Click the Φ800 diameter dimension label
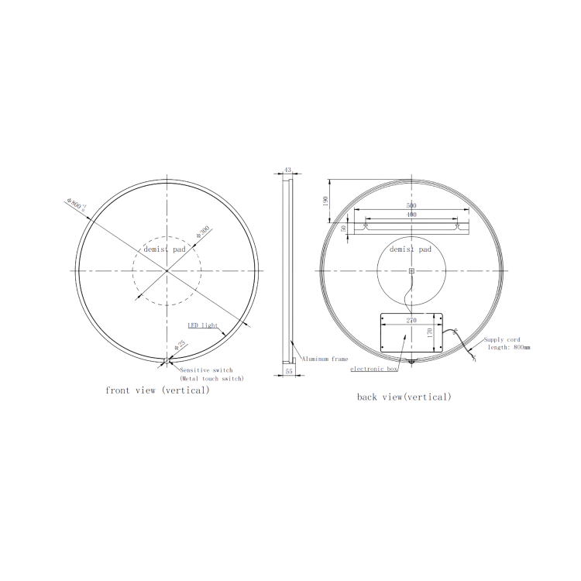click(77, 205)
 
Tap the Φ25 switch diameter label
click(180, 347)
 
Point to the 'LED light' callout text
click(202, 326)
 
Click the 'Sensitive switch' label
click(206, 370)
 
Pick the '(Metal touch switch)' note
click(211, 379)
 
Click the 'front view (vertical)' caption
click(157, 390)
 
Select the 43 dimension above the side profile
click(287, 170)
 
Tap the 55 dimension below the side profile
click(289, 373)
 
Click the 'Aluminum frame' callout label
click(325, 359)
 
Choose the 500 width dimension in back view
click(412, 205)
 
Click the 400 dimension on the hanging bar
click(412, 214)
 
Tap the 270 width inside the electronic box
click(411, 318)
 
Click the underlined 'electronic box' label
click(373, 370)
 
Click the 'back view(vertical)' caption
click(404, 397)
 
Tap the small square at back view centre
click(411, 271)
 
